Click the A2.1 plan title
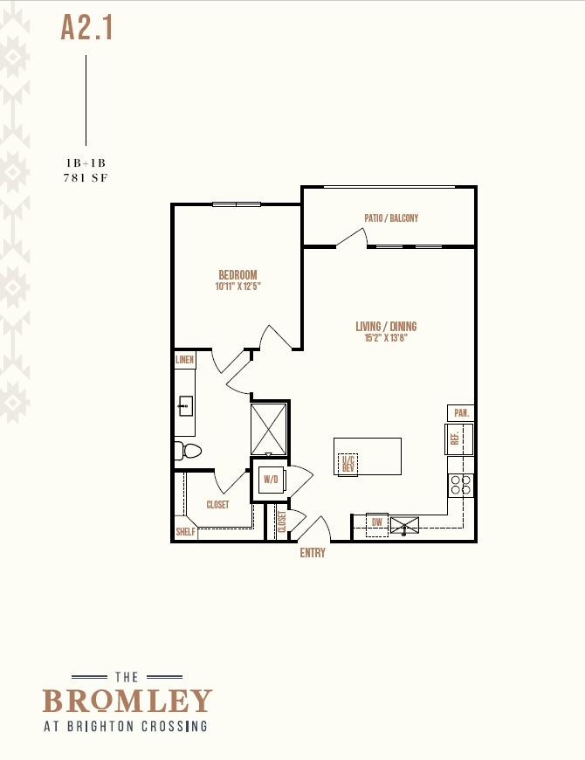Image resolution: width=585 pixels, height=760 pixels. point(86,28)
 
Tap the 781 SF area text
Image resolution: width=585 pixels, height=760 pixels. point(86,178)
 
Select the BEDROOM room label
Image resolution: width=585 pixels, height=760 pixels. point(237,275)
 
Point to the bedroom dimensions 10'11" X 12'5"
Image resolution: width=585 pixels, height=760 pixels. point(237,287)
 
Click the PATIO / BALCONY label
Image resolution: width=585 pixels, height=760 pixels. point(391,218)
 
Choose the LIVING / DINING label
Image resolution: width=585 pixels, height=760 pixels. point(386,327)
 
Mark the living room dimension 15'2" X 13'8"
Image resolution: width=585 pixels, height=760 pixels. point(386,338)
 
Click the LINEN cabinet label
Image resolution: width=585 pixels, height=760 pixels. point(184,360)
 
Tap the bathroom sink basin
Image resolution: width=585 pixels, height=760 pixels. point(185,406)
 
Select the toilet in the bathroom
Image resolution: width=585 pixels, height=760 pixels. point(188,451)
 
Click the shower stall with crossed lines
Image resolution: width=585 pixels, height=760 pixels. point(268,429)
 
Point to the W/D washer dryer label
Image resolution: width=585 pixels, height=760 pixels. point(271,480)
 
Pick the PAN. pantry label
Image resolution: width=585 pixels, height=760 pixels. point(461,413)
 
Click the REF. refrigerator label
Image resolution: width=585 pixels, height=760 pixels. point(455,439)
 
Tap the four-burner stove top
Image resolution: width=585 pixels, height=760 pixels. point(460,485)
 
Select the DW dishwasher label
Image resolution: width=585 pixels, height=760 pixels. point(377,522)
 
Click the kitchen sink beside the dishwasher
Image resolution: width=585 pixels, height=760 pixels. point(404,525)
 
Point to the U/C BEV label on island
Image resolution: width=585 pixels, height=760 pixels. point(348,464)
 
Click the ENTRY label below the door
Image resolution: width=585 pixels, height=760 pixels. point(313,553)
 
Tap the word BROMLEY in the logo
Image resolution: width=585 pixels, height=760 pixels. point(127,701)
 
